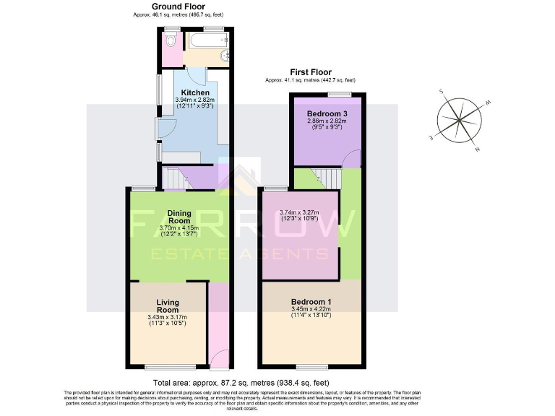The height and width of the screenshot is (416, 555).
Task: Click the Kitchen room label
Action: click(x=195, y=93)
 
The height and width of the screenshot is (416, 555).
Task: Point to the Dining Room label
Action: click(x=178, y=217)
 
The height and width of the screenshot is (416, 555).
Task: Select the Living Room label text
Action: click(x=167, y=305)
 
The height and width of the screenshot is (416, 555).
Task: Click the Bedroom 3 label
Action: click(x=327, y=114)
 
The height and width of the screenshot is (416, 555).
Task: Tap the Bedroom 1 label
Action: click(x=311, y=302)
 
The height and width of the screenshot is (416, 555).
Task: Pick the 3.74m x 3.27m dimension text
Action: click(x=302, y=213)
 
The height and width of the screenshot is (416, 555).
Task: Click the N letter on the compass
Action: click(x=477, y=149)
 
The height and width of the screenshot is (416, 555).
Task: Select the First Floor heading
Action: click(x=311, y=72)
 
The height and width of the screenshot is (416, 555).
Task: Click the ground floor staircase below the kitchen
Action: click(x=173, y=178)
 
